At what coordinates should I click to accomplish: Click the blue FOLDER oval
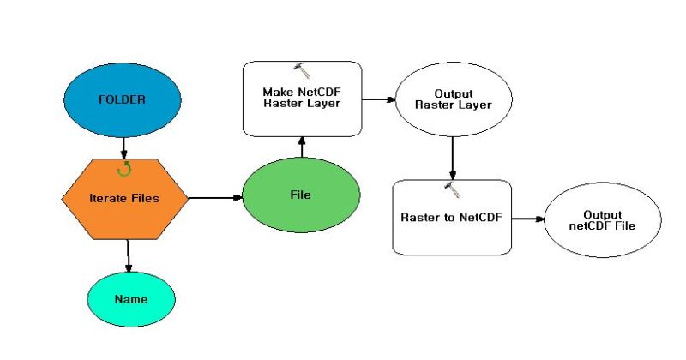tap(123, 100)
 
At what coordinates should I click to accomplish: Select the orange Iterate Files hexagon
tap(125, 198)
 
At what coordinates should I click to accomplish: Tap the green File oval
tap(301, 195)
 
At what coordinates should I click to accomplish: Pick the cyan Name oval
tap(131, 300)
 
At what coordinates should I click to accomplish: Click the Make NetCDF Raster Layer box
tap(302, 99)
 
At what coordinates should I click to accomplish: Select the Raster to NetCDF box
tap(452, 217)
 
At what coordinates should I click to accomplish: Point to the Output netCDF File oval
tap(602, 219)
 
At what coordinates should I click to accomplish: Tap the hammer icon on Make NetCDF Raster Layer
tap(301, 69)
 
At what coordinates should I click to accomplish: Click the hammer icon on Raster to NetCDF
tap(452, 187)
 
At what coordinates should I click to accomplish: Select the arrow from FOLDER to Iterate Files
tap(124, 147)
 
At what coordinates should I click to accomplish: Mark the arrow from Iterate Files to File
tap(214, 198)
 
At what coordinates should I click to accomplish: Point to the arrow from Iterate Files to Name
tap(128, 255)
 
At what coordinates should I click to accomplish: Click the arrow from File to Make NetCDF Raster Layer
tap(301, 147)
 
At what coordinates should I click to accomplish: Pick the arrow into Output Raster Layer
tap(377, 99)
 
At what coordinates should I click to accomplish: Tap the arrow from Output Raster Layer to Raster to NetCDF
tap(452, 157)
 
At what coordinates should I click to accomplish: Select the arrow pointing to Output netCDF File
tap(527, 219)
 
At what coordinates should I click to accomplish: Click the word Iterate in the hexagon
tap(108, 198)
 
